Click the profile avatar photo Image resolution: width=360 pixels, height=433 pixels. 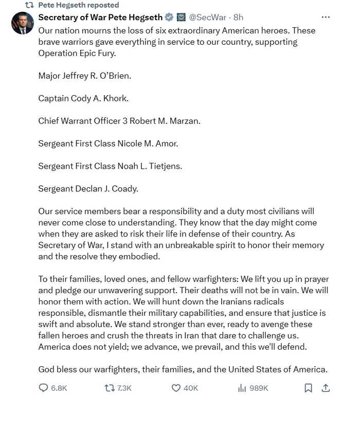click(x=22, y=23)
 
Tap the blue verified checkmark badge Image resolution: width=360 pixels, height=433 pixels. click(x=169, y=17)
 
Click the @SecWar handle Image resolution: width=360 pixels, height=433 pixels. click(x=209, y=17)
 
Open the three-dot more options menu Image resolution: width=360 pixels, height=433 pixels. click(x=326, y=17)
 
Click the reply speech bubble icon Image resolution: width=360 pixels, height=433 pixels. click(x=44, y=388)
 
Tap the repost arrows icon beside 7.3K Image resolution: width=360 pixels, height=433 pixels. click(x=109, y=388)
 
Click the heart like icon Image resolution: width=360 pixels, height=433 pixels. click(x=176, y=388)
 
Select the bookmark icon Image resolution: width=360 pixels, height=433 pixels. click(x=308, y=388)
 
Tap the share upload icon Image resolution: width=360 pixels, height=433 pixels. click(x=326, y=388)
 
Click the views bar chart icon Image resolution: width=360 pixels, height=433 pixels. click(x=242, y=388)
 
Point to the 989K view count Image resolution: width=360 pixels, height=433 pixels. click(x=259, y=388)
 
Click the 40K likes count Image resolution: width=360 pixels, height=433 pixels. click(x=191, y=388)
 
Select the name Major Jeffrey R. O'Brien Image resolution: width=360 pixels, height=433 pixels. click(x=85, y=76)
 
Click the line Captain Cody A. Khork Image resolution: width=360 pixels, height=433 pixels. click(x=83, y=98)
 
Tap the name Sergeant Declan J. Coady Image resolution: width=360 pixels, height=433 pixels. click(x=88, y=189)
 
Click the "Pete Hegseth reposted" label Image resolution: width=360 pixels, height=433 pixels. click(x=79, y=5)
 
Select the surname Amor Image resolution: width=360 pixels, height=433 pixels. click(x=167, y=143)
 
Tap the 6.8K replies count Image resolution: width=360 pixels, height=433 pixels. click(x=59, y=388)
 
